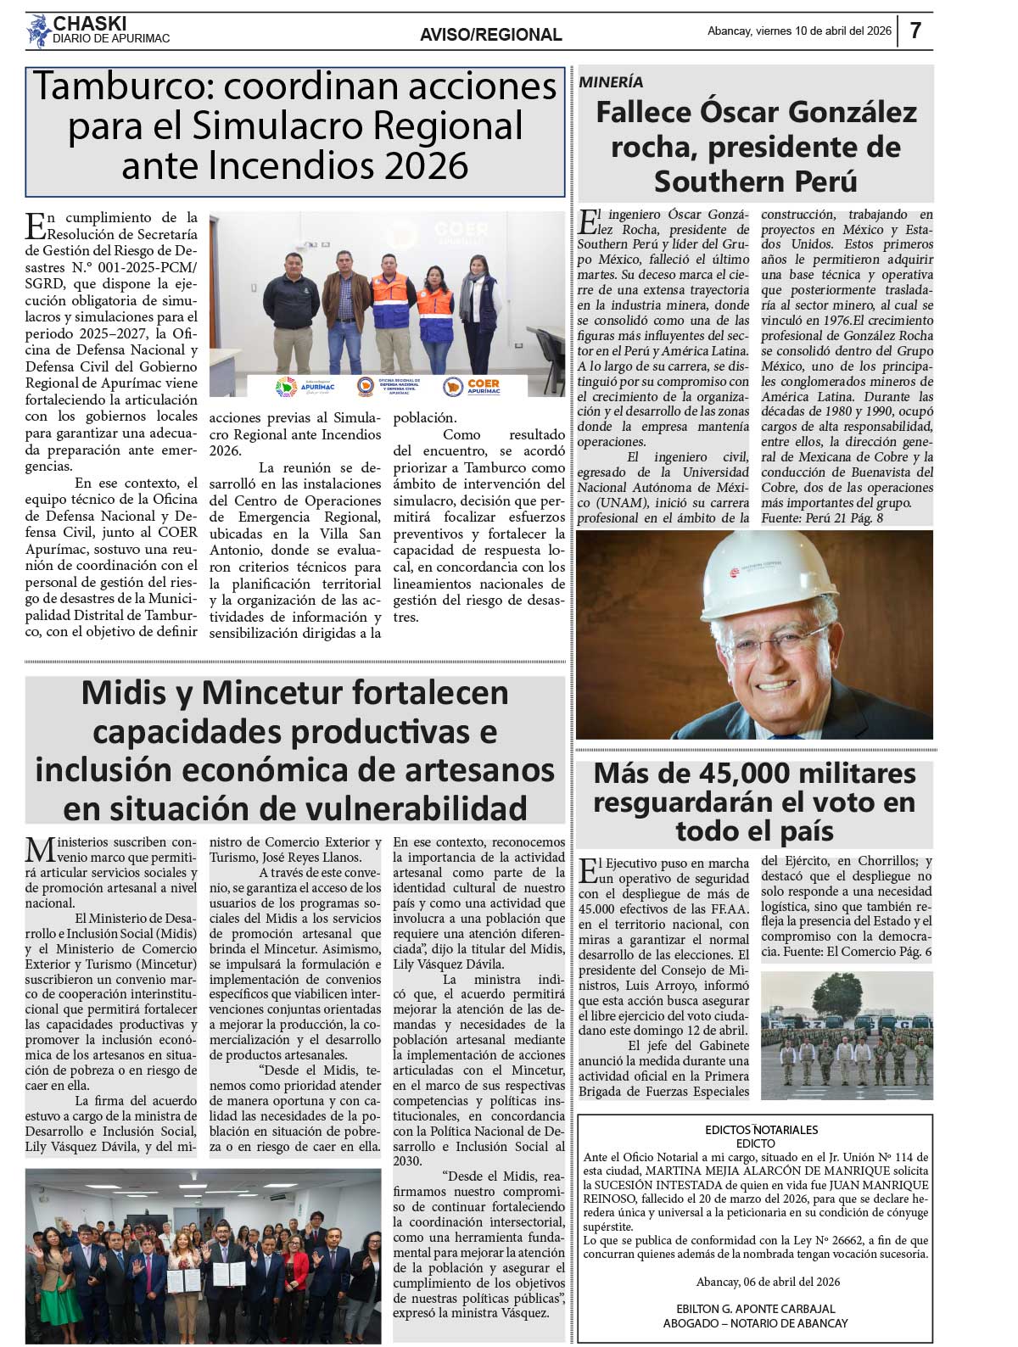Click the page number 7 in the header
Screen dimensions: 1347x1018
915,31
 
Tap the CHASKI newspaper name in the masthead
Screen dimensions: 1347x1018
90,23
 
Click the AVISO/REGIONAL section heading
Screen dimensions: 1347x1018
490,35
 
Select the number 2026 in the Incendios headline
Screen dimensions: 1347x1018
426,165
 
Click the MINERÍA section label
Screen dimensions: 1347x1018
611,82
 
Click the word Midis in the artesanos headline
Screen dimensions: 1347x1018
124,693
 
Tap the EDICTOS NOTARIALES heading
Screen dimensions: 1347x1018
762,1130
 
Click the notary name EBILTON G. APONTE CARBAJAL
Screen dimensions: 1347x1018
755,1309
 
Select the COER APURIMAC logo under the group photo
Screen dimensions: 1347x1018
473,387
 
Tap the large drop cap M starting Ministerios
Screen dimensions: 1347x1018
38,850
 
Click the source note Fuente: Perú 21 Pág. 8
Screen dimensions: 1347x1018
822,517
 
